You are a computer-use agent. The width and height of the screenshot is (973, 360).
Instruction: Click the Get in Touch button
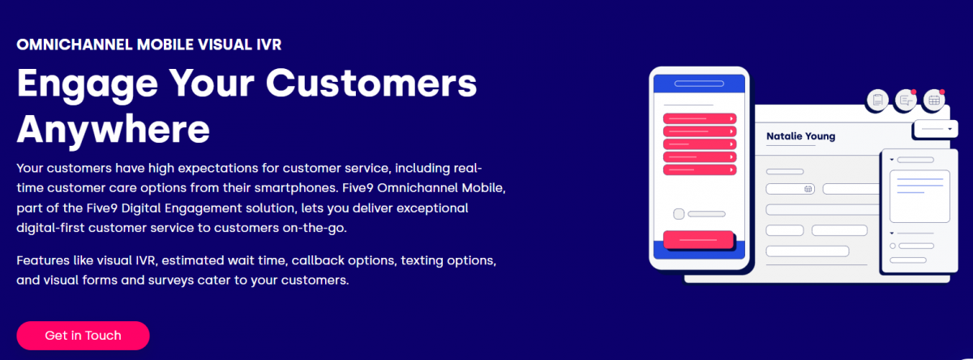83,335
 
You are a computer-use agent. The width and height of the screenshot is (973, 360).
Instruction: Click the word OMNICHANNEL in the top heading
75,45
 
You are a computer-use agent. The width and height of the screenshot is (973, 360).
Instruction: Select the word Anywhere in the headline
114,129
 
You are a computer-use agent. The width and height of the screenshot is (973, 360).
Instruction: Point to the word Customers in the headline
371,83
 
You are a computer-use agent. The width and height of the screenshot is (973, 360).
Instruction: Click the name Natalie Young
800,136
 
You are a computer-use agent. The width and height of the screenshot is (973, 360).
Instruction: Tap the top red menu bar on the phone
700,118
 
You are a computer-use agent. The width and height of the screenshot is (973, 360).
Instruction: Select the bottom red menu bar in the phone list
700,169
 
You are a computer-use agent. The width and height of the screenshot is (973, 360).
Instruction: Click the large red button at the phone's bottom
698,240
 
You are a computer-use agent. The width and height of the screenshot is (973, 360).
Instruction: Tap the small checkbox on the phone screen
679,214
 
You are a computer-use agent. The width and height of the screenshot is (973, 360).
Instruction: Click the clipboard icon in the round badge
877,101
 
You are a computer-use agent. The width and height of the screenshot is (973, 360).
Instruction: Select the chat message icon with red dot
906,101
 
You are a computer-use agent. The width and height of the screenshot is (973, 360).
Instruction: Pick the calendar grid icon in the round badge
934,101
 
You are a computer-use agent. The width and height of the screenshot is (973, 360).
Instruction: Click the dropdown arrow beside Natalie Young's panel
950,129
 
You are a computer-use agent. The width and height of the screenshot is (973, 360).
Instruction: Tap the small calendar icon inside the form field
808,189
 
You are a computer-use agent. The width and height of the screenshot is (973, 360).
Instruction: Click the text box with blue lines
919,196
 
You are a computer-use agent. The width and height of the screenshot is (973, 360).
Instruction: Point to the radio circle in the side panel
893,246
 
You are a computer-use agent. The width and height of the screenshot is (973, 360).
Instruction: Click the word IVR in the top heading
269,45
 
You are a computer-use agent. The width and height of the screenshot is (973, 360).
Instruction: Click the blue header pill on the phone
699,84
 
